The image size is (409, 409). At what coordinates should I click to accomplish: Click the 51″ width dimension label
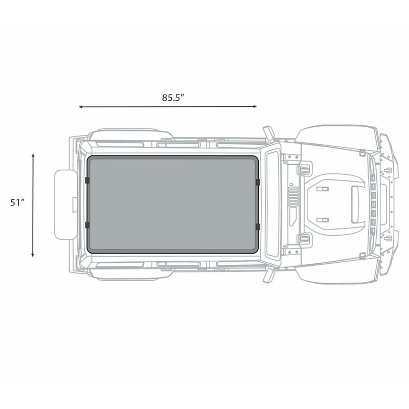(17, 202)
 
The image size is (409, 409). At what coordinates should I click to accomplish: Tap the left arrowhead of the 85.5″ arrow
(81, 107)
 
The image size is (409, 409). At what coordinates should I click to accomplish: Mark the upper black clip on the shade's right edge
(258, 181)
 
